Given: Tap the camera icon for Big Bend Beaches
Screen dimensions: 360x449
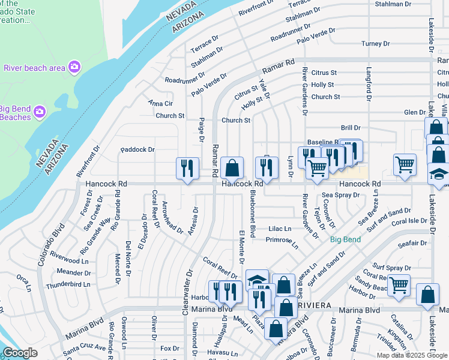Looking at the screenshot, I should point(40,112).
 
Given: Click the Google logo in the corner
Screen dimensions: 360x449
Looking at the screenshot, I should point(19,353).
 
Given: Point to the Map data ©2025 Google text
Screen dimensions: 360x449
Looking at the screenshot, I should point(411,355).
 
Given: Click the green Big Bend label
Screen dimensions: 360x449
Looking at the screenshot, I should point(345,239).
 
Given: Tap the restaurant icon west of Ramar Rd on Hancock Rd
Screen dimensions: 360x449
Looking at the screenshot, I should point(187,168).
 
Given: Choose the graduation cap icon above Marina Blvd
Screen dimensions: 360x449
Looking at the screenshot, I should point(257,280).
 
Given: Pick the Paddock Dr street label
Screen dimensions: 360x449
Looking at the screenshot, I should point(137,149).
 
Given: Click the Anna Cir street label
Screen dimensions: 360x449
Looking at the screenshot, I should point(160,103).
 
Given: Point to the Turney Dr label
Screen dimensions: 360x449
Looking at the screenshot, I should point(376,44).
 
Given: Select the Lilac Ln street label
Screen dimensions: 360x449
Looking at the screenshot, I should point(279,229).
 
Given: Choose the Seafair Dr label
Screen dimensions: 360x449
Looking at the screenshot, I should point(411,243).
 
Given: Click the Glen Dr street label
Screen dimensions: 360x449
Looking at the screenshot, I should point(414,112).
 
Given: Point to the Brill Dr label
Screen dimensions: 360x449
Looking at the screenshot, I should point(351,128).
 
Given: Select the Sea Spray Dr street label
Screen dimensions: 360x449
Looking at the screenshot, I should point(340,195).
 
